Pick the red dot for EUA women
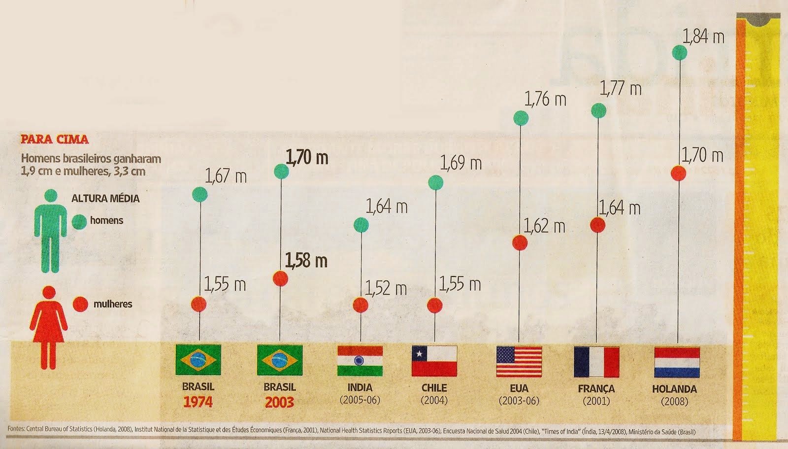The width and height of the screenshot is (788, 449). (520, 242)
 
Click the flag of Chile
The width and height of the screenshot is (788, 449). (434, 361)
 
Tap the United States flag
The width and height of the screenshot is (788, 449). (519, 361)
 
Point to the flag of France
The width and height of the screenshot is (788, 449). (596, 361)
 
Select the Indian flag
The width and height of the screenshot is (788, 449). (361, 361)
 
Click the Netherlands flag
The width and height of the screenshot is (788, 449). (677, 361)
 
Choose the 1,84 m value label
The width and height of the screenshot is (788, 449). (703, 36)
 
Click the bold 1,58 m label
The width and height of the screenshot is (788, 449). (307, 260)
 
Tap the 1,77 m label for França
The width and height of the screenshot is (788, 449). (621, 89)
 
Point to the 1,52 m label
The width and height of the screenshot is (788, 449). (386, 288)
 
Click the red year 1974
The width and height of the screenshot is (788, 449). (198, 402)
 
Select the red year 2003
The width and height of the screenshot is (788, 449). (279, 402)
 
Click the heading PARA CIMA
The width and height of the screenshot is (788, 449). (54, 139)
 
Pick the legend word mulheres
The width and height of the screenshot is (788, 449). (113, 304)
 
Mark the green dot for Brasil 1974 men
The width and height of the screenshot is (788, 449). (199, 195)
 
